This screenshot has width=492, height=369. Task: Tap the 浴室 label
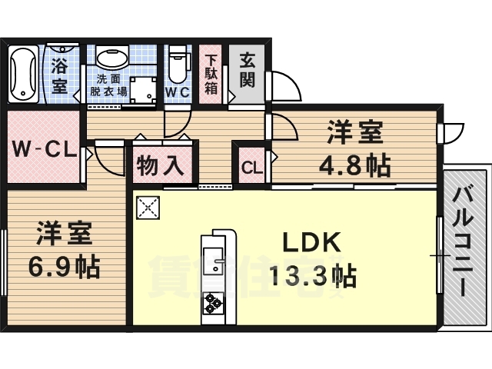[x=59, y=76]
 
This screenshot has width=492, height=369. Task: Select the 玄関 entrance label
[x=247, y=70]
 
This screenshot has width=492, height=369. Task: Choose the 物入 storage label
[x=160, y=165]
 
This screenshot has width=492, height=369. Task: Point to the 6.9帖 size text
[x=65, y=266]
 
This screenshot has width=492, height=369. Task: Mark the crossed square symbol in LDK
[x=148, y=207]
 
